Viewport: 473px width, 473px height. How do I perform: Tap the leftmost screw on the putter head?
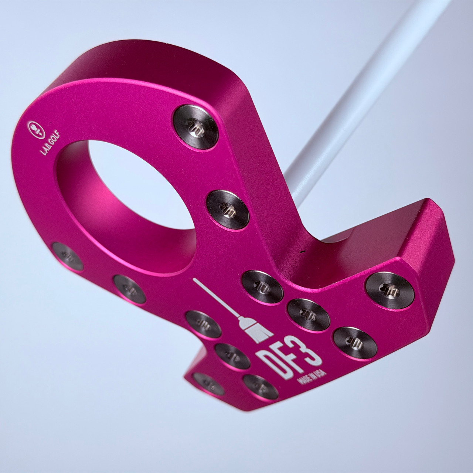pos(67,257)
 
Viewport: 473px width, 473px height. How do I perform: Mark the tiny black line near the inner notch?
pos(302,251)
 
